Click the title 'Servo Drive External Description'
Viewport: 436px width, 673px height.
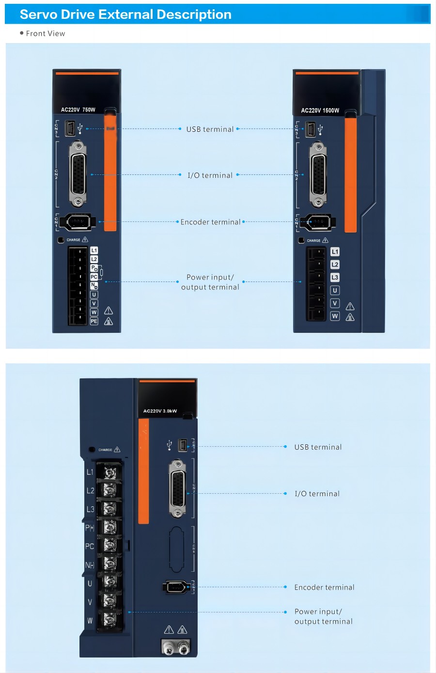tap(125, 15)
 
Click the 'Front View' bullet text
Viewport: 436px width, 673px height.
tap(45, 33)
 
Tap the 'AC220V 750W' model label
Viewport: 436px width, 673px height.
tap(78, 110)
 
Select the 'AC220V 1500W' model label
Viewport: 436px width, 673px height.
tap(320, 110)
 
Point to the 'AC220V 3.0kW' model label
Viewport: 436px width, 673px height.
tap(160, 411)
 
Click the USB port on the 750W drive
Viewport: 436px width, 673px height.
tap(70, 128)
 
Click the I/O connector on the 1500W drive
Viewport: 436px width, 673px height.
tap(318, 174)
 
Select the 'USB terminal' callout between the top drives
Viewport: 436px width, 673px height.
tap(210, 129)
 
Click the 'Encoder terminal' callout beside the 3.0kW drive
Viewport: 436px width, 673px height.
tap(324, 587)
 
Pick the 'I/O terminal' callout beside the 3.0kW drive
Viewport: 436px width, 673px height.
tap(317, 494)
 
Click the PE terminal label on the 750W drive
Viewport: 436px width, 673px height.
tap(94, 321)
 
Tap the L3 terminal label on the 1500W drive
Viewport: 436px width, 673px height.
tap(335, 278)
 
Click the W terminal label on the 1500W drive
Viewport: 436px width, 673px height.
tap(335, 316)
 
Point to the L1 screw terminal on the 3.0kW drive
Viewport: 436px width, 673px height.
tap(109, 472)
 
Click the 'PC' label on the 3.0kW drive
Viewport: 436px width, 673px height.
tap(90, 546)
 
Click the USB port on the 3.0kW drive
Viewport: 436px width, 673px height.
tap(182, 445)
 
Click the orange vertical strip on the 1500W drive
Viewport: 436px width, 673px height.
tap(351, 174)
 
